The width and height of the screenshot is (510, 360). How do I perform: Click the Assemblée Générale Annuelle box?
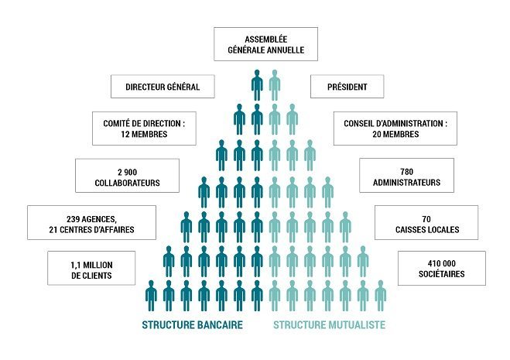coord(265,44)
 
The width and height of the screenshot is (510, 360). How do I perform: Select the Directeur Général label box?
coord(163,86)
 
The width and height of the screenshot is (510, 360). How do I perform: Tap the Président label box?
coord(347,86)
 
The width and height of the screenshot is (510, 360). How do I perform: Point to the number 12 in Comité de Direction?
coord(125,134)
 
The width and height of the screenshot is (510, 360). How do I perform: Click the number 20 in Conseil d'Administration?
coord(377,134)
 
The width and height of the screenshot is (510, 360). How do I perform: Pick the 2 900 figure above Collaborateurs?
coord(127,172)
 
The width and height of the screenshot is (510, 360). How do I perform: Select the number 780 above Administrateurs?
coord(406,172)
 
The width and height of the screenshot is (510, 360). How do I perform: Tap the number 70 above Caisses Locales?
coord(426,219)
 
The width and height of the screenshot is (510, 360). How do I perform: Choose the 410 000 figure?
coord(442,263)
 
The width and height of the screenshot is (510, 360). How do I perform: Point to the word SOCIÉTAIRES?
coord(442,274)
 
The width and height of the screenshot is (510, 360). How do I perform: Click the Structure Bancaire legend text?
coord(192,325)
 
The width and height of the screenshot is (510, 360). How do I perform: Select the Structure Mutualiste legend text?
coord(329,325)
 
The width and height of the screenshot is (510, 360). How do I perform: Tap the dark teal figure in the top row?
coord(257,85)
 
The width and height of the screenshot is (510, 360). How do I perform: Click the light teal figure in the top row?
coord(275,85)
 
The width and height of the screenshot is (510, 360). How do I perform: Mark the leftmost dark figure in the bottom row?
coord(151,296)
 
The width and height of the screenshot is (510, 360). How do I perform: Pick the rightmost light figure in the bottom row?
coord(381,296)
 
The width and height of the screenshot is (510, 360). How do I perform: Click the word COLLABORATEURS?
coord(127,183)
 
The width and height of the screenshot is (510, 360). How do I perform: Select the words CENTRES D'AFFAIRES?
coord(98,230)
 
